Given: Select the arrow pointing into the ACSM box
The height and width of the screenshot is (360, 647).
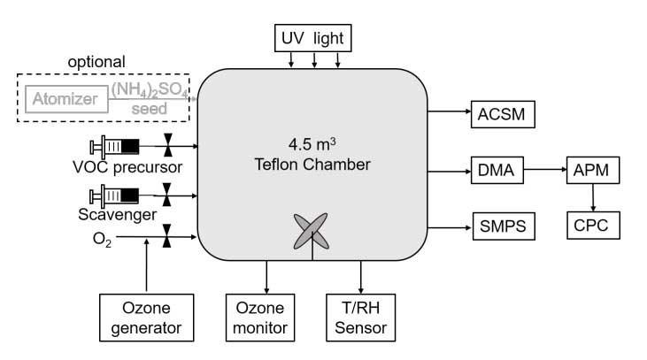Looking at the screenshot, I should click(x=451, y=112).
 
